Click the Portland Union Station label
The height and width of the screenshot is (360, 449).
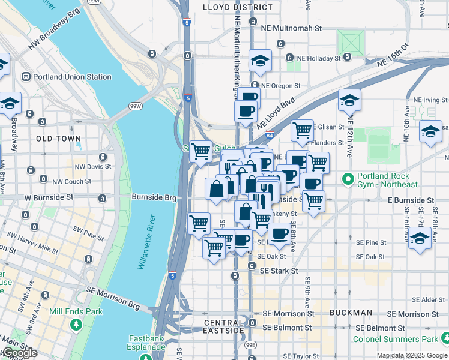pyautogui.click(x=72, y=77)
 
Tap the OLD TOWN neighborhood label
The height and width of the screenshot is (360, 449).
pyautogui.click(x=58, y=139)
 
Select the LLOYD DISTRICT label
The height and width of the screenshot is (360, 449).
pyautogui.click(x=229, y=7)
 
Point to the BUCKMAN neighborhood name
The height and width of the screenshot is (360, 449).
pyautogui.click(x=351, y=313)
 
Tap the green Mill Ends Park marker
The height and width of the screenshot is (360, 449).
pyautogui.click(x=76, y=325)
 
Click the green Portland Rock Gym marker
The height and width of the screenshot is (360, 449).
pyautogui.click(x=347, y=179)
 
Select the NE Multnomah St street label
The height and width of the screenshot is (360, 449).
pyautogui.click(x=292, y=28)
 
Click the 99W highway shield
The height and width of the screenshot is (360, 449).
pyautogui.click(x=136, y=106)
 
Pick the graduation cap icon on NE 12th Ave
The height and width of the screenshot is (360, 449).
pyautogui.click(x=349, y=100)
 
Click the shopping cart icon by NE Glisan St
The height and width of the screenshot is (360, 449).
pyautogui.click(x=302, y=128)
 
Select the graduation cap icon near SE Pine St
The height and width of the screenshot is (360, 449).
pyautogui.click(x=420, y=238)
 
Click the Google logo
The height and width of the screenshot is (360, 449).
pyautogui.click(x=20, y=353)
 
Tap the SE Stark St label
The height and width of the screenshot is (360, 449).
pyautogui.click(x=279, y=271)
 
